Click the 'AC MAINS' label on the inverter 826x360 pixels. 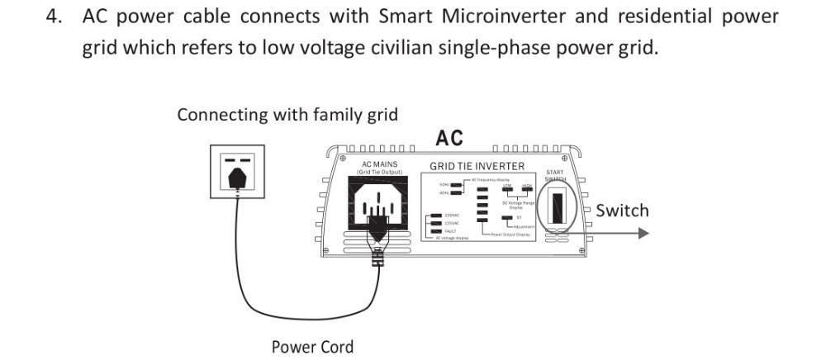[x=379, y=164]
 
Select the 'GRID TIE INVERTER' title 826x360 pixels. [x=477, y=166]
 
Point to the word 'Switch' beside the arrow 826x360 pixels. [x=622, y=211]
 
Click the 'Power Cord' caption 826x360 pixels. [x=312, y=347]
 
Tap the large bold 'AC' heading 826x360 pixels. [x=449, y=138]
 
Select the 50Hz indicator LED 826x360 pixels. [x=455, y=184]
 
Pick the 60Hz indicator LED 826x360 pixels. [x=455, y=193]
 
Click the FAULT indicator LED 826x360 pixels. [x=435, y=231]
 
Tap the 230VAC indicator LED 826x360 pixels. [x=435, y=216]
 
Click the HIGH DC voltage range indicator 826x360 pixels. [x=526, y=189]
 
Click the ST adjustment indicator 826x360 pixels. [x=506, y=219]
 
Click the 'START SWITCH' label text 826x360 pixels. [x=555, y=175]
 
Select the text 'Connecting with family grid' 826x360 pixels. [x=287, y=114]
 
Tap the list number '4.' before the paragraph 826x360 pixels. [x=55, y=17]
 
